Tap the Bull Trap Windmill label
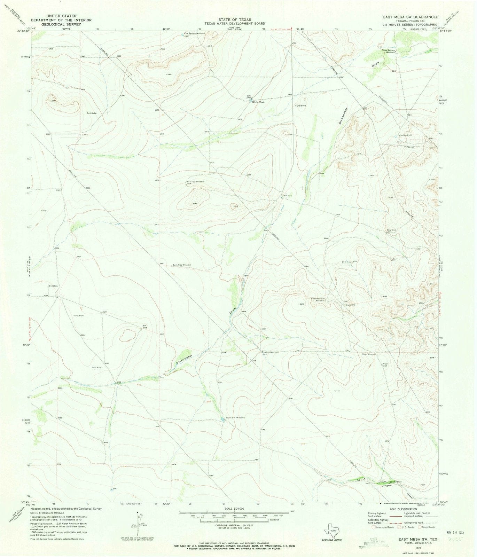pos(195,182)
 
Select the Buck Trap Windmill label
pos(181,265)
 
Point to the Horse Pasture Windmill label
pos(318,300)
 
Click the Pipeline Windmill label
pos(270,352)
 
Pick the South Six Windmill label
pos(236,417)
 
